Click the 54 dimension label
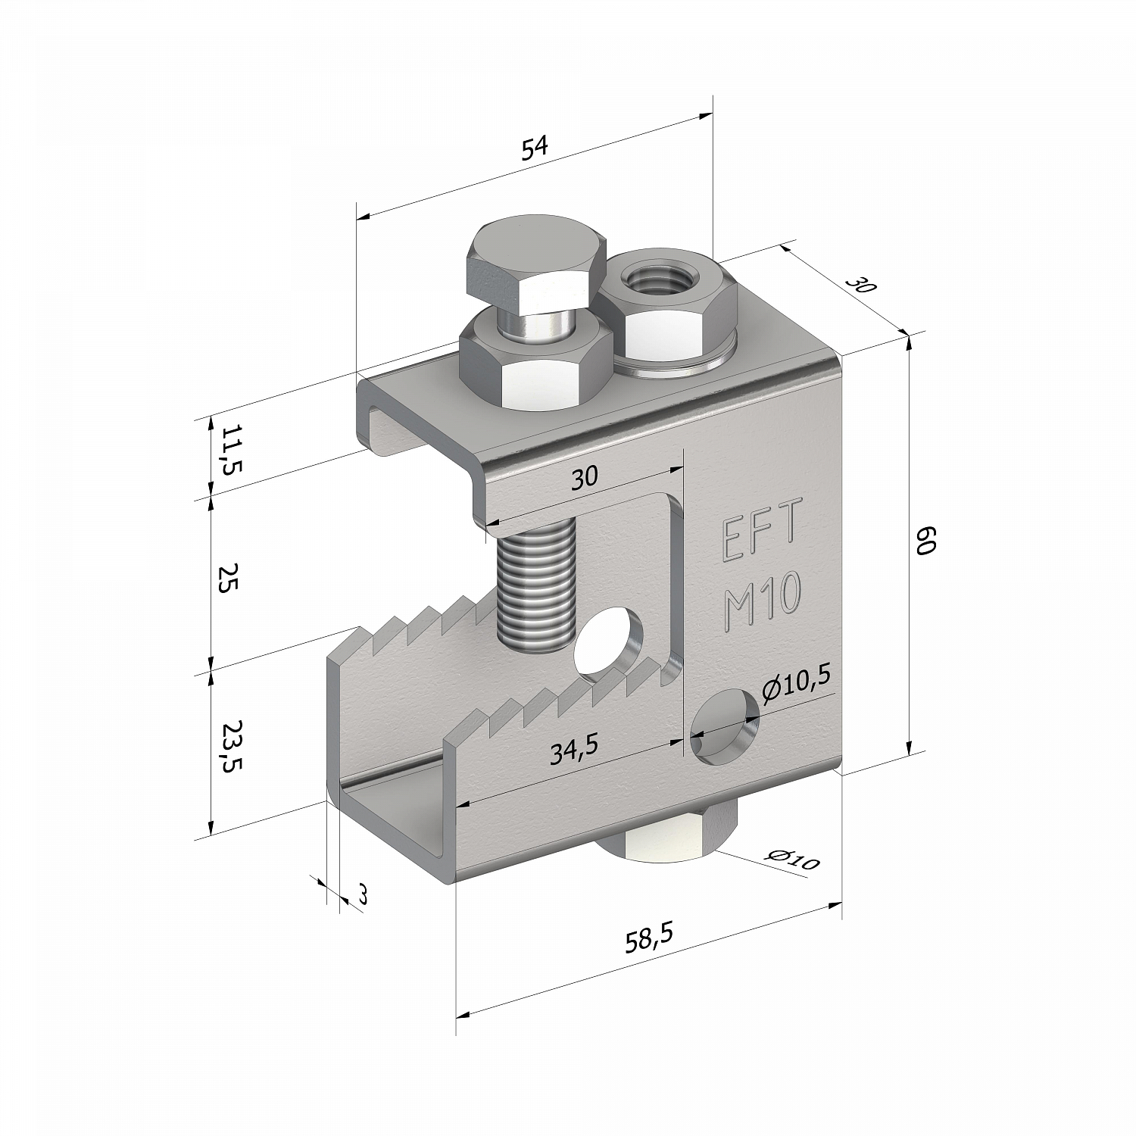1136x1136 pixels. (x=535, y=148)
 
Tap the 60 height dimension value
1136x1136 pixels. (x=928, y=542)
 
